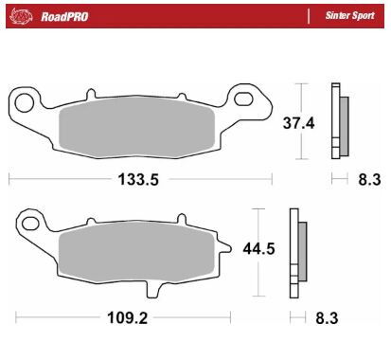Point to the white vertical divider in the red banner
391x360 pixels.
pyautogui.click(x=311, y=16)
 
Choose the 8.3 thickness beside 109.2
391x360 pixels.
pyautogui.click(x=325, y=318)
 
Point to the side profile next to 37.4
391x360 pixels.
pyautogui.click(x=338, y=120)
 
